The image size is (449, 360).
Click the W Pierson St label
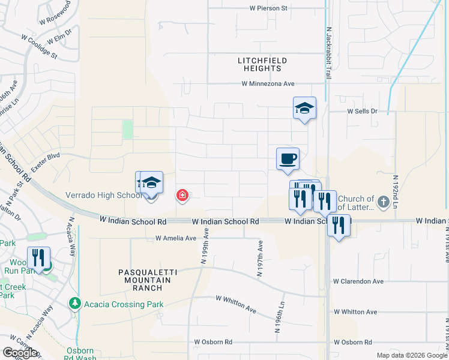pos(269,8)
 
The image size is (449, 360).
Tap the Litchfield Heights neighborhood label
pos(262,65)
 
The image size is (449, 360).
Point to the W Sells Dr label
pos(362,112)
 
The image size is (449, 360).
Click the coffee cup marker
pos(288,159)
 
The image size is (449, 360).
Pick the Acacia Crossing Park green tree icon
pos(74,304)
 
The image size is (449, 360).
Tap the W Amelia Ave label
pos(176,238)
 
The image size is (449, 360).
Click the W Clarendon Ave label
pos(358,281)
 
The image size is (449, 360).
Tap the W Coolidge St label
pos(39,46)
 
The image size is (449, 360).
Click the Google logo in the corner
pos(20,353)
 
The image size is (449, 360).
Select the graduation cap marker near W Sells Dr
pos(304,109)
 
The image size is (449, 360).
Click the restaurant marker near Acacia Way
pos(39,258)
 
